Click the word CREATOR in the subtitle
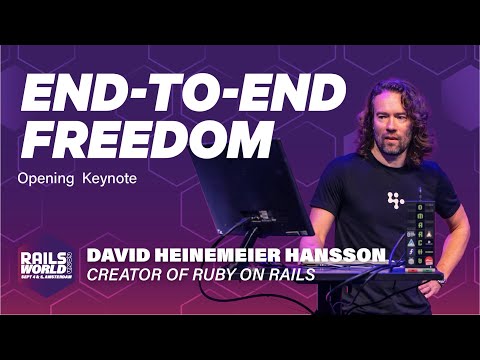click(x=128, y=273)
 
